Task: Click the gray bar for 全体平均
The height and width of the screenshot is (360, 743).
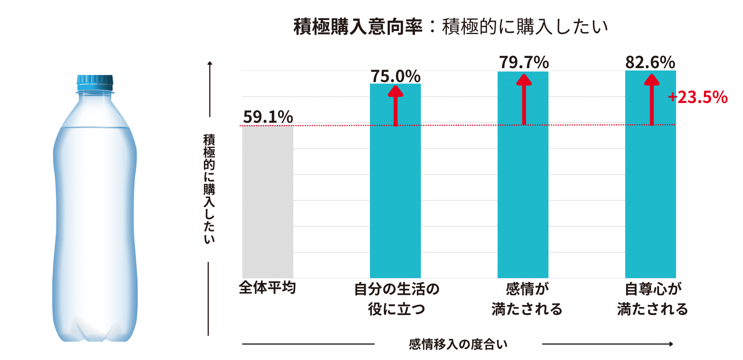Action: coord(267,201)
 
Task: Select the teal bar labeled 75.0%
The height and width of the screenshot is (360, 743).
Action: coord(395,201)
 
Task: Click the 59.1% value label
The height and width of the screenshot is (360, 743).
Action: coord(268,117)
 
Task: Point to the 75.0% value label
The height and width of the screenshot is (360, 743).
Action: coord(395,76)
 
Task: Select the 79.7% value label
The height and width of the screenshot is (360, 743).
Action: coord(524,62)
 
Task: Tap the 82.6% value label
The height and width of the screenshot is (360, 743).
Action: coord(650,62)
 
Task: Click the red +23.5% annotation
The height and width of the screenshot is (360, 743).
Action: coord(698,97)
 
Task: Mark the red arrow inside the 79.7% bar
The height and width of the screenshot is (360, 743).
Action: coord(524,99)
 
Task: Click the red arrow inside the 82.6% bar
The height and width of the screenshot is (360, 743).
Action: coord(652,99)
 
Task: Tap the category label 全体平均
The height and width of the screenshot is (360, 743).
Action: coord(267,288)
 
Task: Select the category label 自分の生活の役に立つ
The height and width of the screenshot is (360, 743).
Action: coord(397,299)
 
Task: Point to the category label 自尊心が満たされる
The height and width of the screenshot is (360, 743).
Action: coord(652,299)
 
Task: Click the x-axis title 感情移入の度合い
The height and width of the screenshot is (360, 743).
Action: coord(458,344)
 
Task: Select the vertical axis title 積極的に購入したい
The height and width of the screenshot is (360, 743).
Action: coord(209,189)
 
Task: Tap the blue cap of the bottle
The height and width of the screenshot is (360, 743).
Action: coord(95,80)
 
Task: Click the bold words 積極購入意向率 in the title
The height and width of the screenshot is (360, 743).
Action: coord(358,27)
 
